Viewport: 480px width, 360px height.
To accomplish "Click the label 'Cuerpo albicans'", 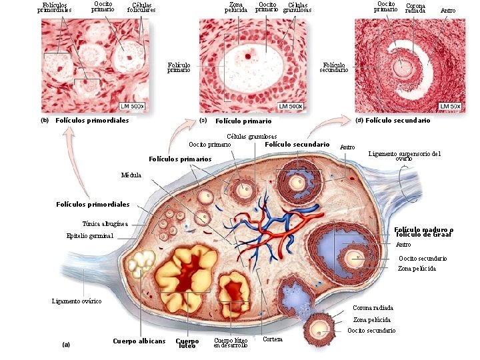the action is pos(139,341).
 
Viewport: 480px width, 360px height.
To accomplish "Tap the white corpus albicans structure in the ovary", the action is pos(141,264).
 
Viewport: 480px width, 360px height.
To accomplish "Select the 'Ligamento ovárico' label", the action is pos(77,301).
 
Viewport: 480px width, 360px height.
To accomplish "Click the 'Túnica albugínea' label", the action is pos(105,223).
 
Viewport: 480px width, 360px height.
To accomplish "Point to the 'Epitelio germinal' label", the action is pos(90,236).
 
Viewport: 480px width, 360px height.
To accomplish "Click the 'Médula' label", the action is pos(131,175).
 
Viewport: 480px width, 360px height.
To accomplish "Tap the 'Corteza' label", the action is pos(273,339).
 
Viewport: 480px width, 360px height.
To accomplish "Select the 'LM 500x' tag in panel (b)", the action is pos(133,106).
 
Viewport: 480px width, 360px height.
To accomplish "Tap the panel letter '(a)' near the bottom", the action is pos(66,345).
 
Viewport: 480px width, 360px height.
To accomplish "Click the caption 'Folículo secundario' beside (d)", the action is pos(397,121).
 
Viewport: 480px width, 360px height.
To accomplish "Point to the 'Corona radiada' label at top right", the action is pos(415,7).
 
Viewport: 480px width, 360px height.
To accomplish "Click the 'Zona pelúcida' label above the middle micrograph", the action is pos(236,7).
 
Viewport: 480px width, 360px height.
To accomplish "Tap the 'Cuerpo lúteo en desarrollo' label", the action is pos(231,343).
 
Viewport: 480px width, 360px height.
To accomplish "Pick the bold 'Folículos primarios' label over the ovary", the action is pos(179,159).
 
